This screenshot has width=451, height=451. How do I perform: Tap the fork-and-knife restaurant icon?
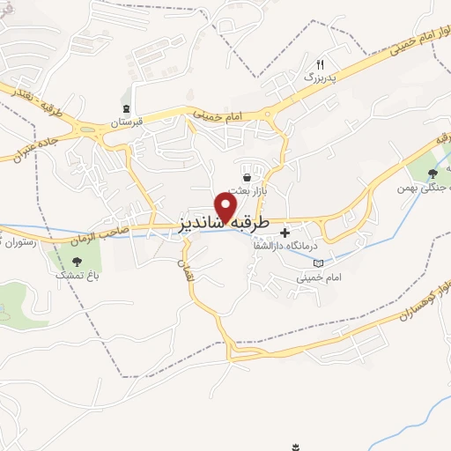[x=321, y=64]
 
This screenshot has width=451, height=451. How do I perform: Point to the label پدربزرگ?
[x=321, y=78]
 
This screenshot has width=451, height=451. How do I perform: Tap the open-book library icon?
[x=318, y=262]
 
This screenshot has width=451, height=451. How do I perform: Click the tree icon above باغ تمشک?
[x=77, y=261]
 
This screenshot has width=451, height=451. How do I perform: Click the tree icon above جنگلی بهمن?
[x=432, y=174]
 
